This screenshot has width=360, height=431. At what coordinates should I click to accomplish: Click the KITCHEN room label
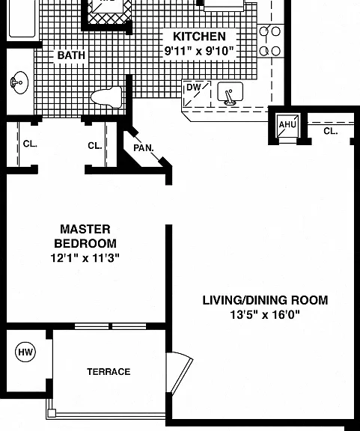(x=199, y=36)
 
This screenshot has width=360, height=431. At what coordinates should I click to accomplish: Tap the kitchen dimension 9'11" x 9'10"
(x=199, y=51)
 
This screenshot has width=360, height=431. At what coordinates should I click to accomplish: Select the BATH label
(x=71, y=55)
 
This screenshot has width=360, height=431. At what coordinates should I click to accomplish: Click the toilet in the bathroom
(x=106, y=97)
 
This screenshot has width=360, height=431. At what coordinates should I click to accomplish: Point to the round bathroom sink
(x=19, y=82)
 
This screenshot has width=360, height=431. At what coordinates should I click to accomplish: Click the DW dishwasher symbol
(x=197, y=94)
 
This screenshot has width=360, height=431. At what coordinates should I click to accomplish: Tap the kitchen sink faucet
(x=229, y=97)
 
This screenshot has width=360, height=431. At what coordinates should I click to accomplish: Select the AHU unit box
(x=287, y=126)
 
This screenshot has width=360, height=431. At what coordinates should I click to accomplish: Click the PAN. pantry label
(x=144, y=148)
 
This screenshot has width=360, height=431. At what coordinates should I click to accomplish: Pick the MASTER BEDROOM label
(x=85, y=236)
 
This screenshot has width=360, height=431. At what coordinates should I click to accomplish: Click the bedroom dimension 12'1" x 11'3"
(x=85, y=258)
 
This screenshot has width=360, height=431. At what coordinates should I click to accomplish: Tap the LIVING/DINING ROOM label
(x=265, y=300)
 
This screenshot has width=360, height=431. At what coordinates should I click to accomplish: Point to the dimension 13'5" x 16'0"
(x=265, y=314)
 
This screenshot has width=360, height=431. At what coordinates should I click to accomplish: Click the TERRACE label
(x=109, y=372)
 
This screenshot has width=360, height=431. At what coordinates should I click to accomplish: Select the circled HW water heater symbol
(x=25, y=352)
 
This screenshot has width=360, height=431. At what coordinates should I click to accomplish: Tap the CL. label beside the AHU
(x=331, y=131)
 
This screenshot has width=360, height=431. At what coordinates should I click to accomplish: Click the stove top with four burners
(x=271, y=40)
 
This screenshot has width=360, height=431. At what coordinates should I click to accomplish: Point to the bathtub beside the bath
(x=22, y=18)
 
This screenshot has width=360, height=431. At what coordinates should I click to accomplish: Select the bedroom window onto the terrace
(x=111, y=326)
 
